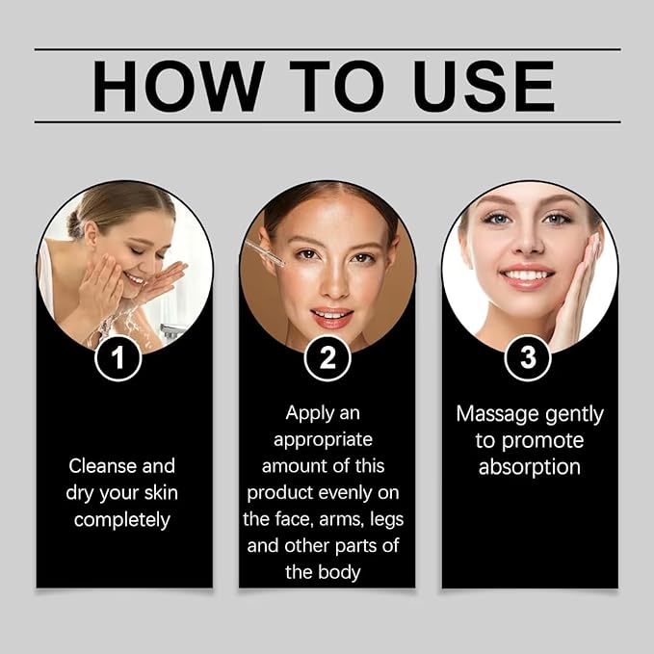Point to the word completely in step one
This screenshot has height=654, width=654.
tap(122, 520)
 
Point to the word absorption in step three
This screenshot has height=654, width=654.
tap(530, 467)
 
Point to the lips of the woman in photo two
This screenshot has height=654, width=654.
tap(329, 316)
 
